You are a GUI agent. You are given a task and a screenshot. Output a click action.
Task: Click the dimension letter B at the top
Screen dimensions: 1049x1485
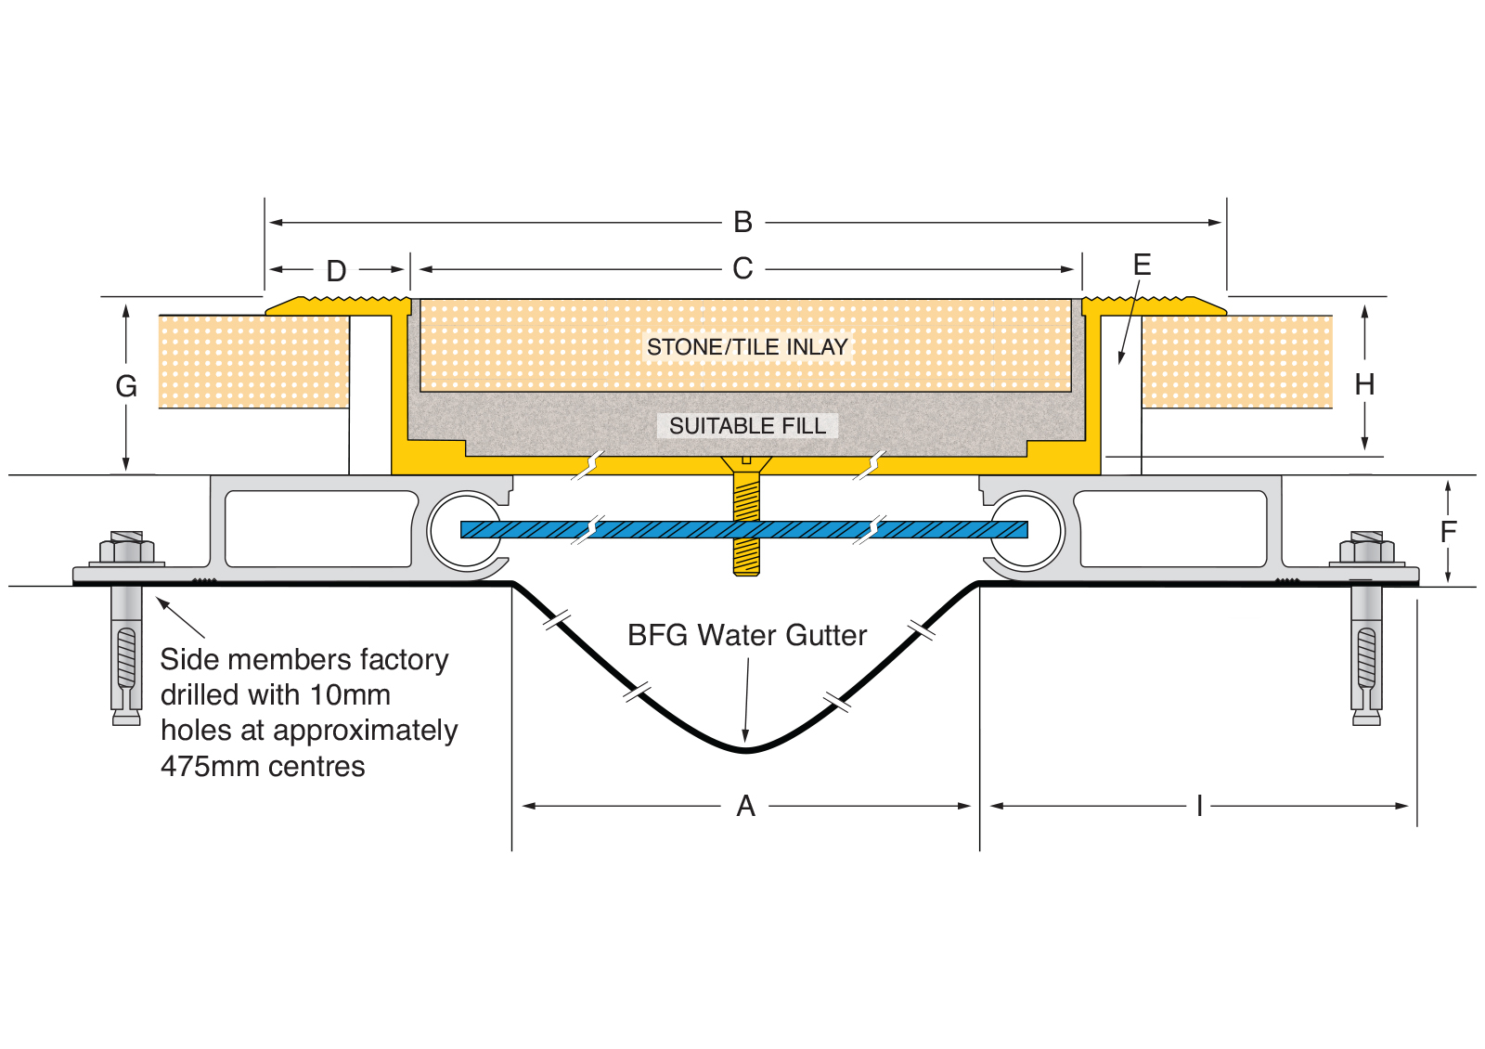[x=742, y=223]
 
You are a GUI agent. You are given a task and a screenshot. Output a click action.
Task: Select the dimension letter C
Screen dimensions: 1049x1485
[x=742, y=269]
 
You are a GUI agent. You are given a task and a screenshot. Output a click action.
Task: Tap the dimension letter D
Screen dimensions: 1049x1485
[x=336, y=271]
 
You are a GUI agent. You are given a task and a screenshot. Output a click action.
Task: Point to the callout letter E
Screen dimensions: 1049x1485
[x=1143, y=265]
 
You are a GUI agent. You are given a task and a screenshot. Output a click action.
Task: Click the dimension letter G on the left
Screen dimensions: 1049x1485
[x=126, y=386]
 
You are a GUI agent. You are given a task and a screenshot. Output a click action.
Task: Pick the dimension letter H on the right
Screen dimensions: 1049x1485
[x=1364, y=384]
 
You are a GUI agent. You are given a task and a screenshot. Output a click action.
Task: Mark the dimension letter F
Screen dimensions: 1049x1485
[x=1449, y=532]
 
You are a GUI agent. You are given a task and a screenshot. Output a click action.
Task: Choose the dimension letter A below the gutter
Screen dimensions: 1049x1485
[x=745, y=807]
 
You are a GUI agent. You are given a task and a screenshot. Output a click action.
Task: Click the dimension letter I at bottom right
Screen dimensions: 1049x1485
[x=1199, y=807]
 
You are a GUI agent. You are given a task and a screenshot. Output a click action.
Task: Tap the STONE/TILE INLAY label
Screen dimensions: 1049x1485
[x=747, y=347]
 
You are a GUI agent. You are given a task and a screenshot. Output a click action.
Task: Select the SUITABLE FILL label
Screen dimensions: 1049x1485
[x=747, y=426]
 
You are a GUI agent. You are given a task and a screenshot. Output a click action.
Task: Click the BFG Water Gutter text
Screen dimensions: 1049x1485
[x=747, y=636]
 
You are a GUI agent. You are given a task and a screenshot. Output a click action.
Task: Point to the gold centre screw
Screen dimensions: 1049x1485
[x=746, y=520]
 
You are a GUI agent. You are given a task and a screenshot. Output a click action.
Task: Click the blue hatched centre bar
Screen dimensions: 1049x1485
[x=650, y=530]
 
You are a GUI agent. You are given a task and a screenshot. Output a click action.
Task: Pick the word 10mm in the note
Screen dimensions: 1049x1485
[x=350, y=695]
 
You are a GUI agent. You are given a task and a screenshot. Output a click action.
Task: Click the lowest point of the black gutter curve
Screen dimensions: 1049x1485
[x=745, y=750]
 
